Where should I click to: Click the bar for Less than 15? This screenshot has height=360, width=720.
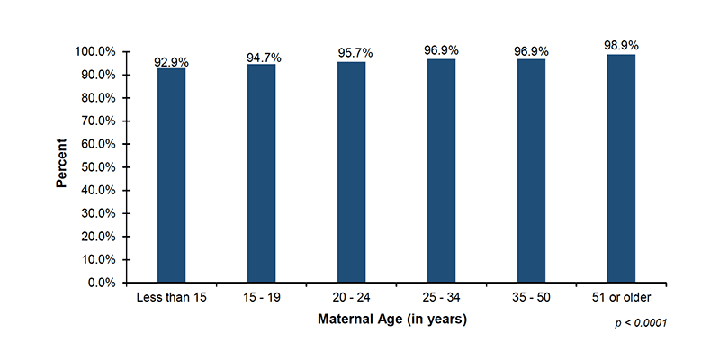click(171, 175)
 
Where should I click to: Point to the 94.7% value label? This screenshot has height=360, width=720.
click(264, 58)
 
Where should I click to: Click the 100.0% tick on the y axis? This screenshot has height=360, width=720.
click(94, 52)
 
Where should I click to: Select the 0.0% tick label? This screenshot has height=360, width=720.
click(100, 283)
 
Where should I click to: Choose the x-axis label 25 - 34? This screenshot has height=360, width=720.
click(441, 298)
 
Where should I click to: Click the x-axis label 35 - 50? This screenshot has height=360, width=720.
click(531, 298)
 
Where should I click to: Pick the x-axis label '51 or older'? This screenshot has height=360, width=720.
click(621, 298)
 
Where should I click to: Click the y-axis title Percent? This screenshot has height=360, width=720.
click(62, 163)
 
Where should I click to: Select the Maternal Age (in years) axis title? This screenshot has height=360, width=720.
click(392, 319)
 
